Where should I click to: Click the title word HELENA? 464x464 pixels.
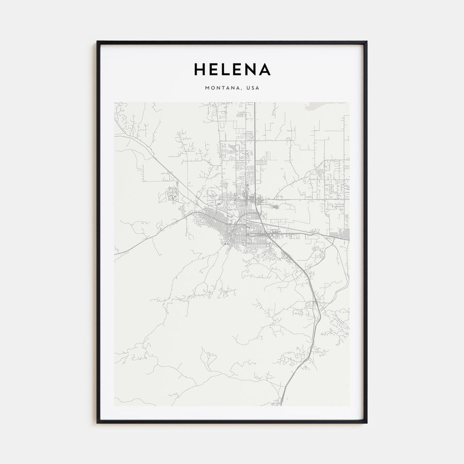point(232,69)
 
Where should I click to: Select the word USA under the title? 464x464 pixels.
point(253,88)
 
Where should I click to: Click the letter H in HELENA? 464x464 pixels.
point(200,69)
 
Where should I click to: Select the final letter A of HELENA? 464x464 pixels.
point(264,69)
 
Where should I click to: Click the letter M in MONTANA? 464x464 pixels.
point(207,88)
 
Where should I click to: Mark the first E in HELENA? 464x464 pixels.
point(213,69)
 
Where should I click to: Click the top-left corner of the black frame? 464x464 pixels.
point(97,42)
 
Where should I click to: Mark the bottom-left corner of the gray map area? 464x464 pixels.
point(115,405)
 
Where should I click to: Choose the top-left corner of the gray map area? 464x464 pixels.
point(115,103)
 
